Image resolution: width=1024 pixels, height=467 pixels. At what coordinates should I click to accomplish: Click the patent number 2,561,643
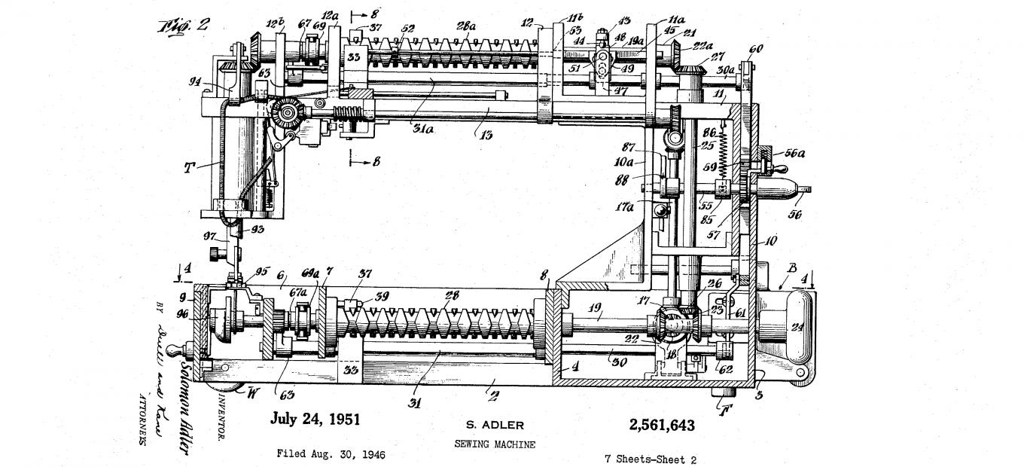click(x=661, y=426)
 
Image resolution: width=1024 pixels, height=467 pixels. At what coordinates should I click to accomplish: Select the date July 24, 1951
click(x=315, y=420)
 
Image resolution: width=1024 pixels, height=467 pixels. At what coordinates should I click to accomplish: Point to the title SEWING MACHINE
click(x=495, y=444)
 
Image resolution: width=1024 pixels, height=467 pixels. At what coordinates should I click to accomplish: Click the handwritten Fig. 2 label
click(x=183, y=26)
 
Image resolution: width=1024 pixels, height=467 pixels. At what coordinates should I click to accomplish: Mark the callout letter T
click(x=188, y=167)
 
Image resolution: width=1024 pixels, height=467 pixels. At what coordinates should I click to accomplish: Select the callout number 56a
click(x=794, y=153)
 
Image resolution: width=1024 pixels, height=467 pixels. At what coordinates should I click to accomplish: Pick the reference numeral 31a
click(x=422, y=129)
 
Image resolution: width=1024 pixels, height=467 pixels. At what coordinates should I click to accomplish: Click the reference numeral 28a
click(x=466, y=26)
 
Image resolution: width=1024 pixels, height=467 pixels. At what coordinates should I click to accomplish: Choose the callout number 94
click(x=194, y=82)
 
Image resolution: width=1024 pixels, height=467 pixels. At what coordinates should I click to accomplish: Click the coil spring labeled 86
click(x=725, y=158)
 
